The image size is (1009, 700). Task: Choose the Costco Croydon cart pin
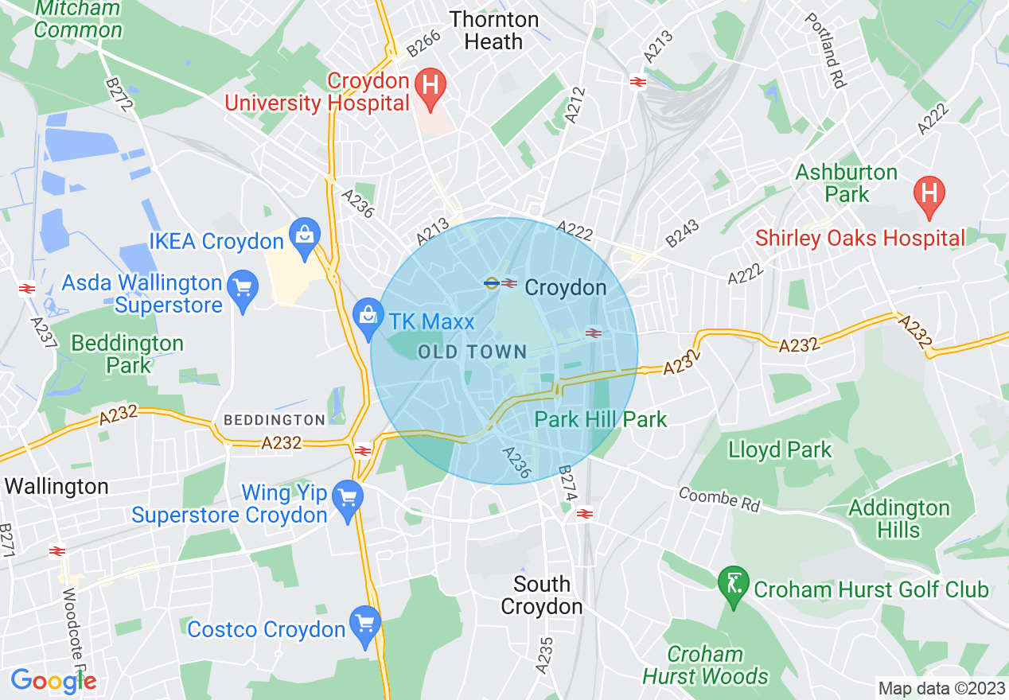(x=365, y=625)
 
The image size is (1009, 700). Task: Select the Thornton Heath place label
(x=493, y=30)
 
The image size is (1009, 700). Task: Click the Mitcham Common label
(x=79, y=20)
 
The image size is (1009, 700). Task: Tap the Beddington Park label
(x=127, y=354)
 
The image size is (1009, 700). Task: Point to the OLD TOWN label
(x=473, y=352)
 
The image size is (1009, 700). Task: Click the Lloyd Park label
(x=779, y=449)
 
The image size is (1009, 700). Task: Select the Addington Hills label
(x=899, y=519)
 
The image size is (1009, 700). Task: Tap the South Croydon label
(x=542, y=595)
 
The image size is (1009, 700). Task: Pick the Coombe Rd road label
(x=719, y=499)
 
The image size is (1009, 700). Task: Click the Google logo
(x=53, y=681)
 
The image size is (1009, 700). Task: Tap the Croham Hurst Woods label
(x=705, y=665)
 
